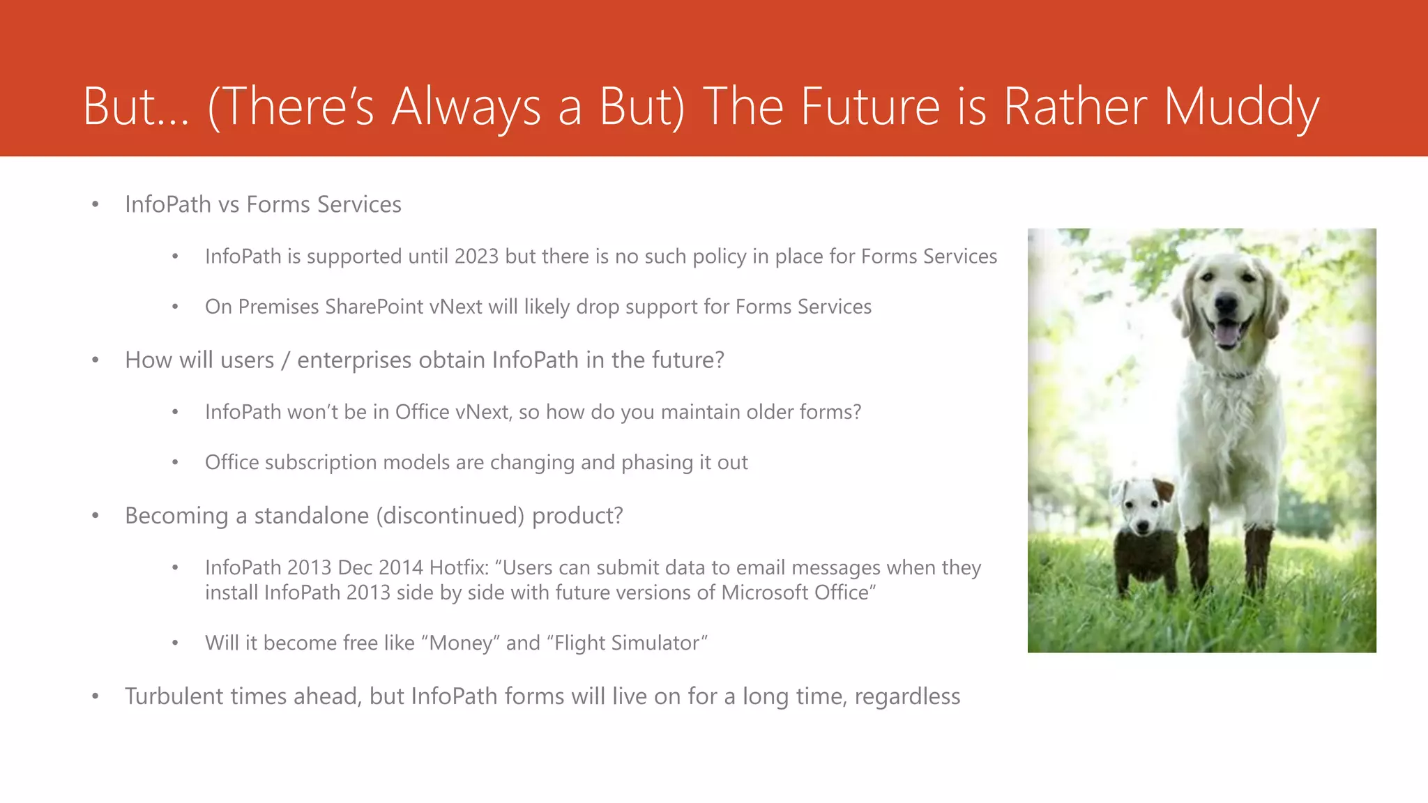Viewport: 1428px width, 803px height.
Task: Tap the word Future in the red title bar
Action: click(870, 107)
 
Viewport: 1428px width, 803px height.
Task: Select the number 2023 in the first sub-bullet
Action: click(476, 257)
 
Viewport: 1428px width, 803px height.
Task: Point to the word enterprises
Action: click(354, 360)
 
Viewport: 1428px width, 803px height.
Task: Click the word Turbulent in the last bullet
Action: click(185, 696)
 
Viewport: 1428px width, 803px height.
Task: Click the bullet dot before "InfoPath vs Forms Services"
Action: click(96, 205)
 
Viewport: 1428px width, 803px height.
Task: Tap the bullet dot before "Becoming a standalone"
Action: click(96, 516)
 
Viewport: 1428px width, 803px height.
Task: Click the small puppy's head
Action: click(1141, 505)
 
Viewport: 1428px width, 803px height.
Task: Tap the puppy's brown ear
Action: click(1163, 490)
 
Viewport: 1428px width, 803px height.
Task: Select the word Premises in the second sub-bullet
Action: click(278, 307)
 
